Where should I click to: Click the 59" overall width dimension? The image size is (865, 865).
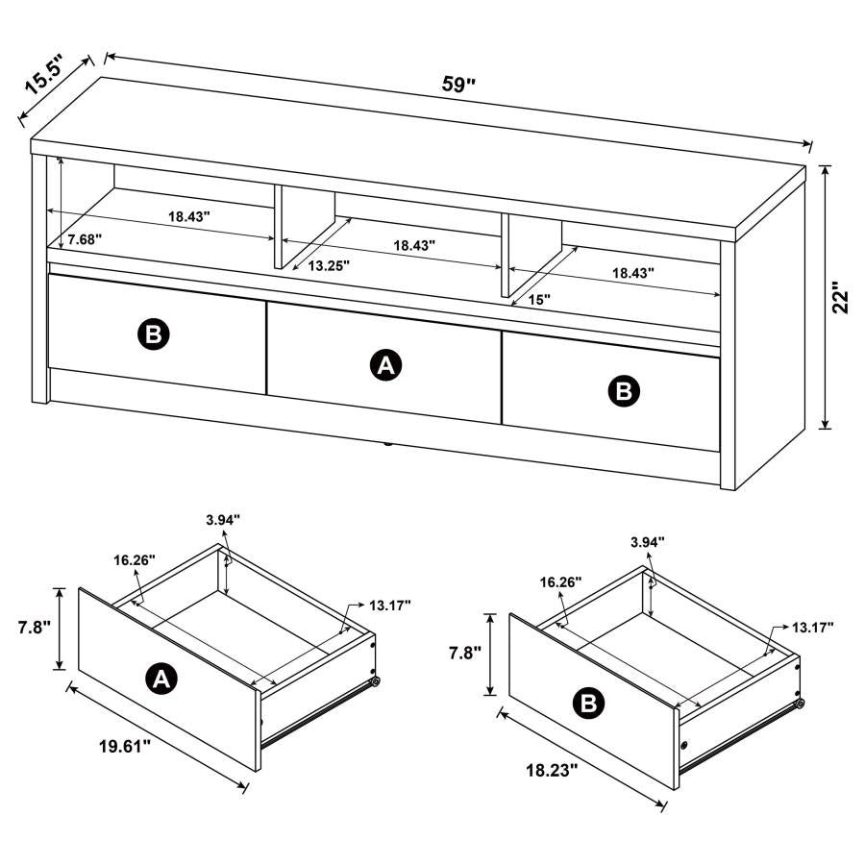pyautogui.click(x=459, y=84)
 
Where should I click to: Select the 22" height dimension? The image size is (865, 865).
pyautogui.click(x=842, y=297)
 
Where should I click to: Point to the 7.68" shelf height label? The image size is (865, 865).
pyautogui.click(x=85, y=237)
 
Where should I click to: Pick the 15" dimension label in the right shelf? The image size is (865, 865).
pyautogui.click(x=539, y=299)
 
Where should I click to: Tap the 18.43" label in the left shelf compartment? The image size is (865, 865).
pyautogui.click(x=189, y=217)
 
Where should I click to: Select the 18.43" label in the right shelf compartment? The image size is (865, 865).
pyautogui.click(x=633, y=273)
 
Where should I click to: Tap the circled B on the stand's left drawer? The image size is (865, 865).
pyautogui.click(x=153, y=334)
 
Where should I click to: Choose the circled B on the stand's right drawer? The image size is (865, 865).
pyautogui.click(x=624, y=389)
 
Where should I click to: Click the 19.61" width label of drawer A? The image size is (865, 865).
pyautogui.click(x=124, y=747)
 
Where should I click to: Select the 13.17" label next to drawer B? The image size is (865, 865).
pyautogui.click(x=812, y=627)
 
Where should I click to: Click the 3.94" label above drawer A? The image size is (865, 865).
pyautogui.click(x=223, y=520)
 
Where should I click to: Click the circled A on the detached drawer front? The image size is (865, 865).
pyautogui.click(x=161, y=680)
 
